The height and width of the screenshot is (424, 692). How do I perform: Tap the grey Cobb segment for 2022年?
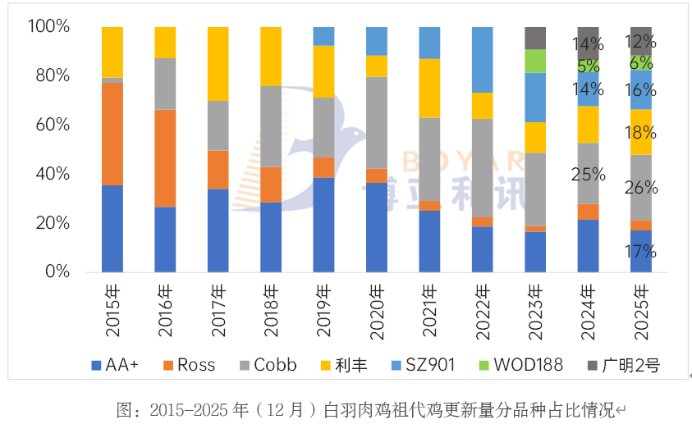(x=482, y=168)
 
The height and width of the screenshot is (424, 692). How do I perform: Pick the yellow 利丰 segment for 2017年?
(x=218, y=64)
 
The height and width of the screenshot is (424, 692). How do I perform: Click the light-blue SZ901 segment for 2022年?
(x=482, y=60)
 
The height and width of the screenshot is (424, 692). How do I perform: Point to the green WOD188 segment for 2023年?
(x=535, y=61)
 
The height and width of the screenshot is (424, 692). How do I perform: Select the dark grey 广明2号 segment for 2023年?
(x=535, y=38)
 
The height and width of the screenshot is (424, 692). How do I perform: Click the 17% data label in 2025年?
(x=640, y=251)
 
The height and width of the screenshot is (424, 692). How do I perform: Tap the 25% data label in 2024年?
(x=589, y=174)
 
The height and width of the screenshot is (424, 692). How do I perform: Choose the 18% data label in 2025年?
(x=640, y=132)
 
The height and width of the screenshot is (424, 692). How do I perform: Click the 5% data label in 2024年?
(x=589, y=66)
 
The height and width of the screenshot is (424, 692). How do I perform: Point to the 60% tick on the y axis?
(x=49, y=125)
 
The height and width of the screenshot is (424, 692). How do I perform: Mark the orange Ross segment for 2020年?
(x=376, y=176)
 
